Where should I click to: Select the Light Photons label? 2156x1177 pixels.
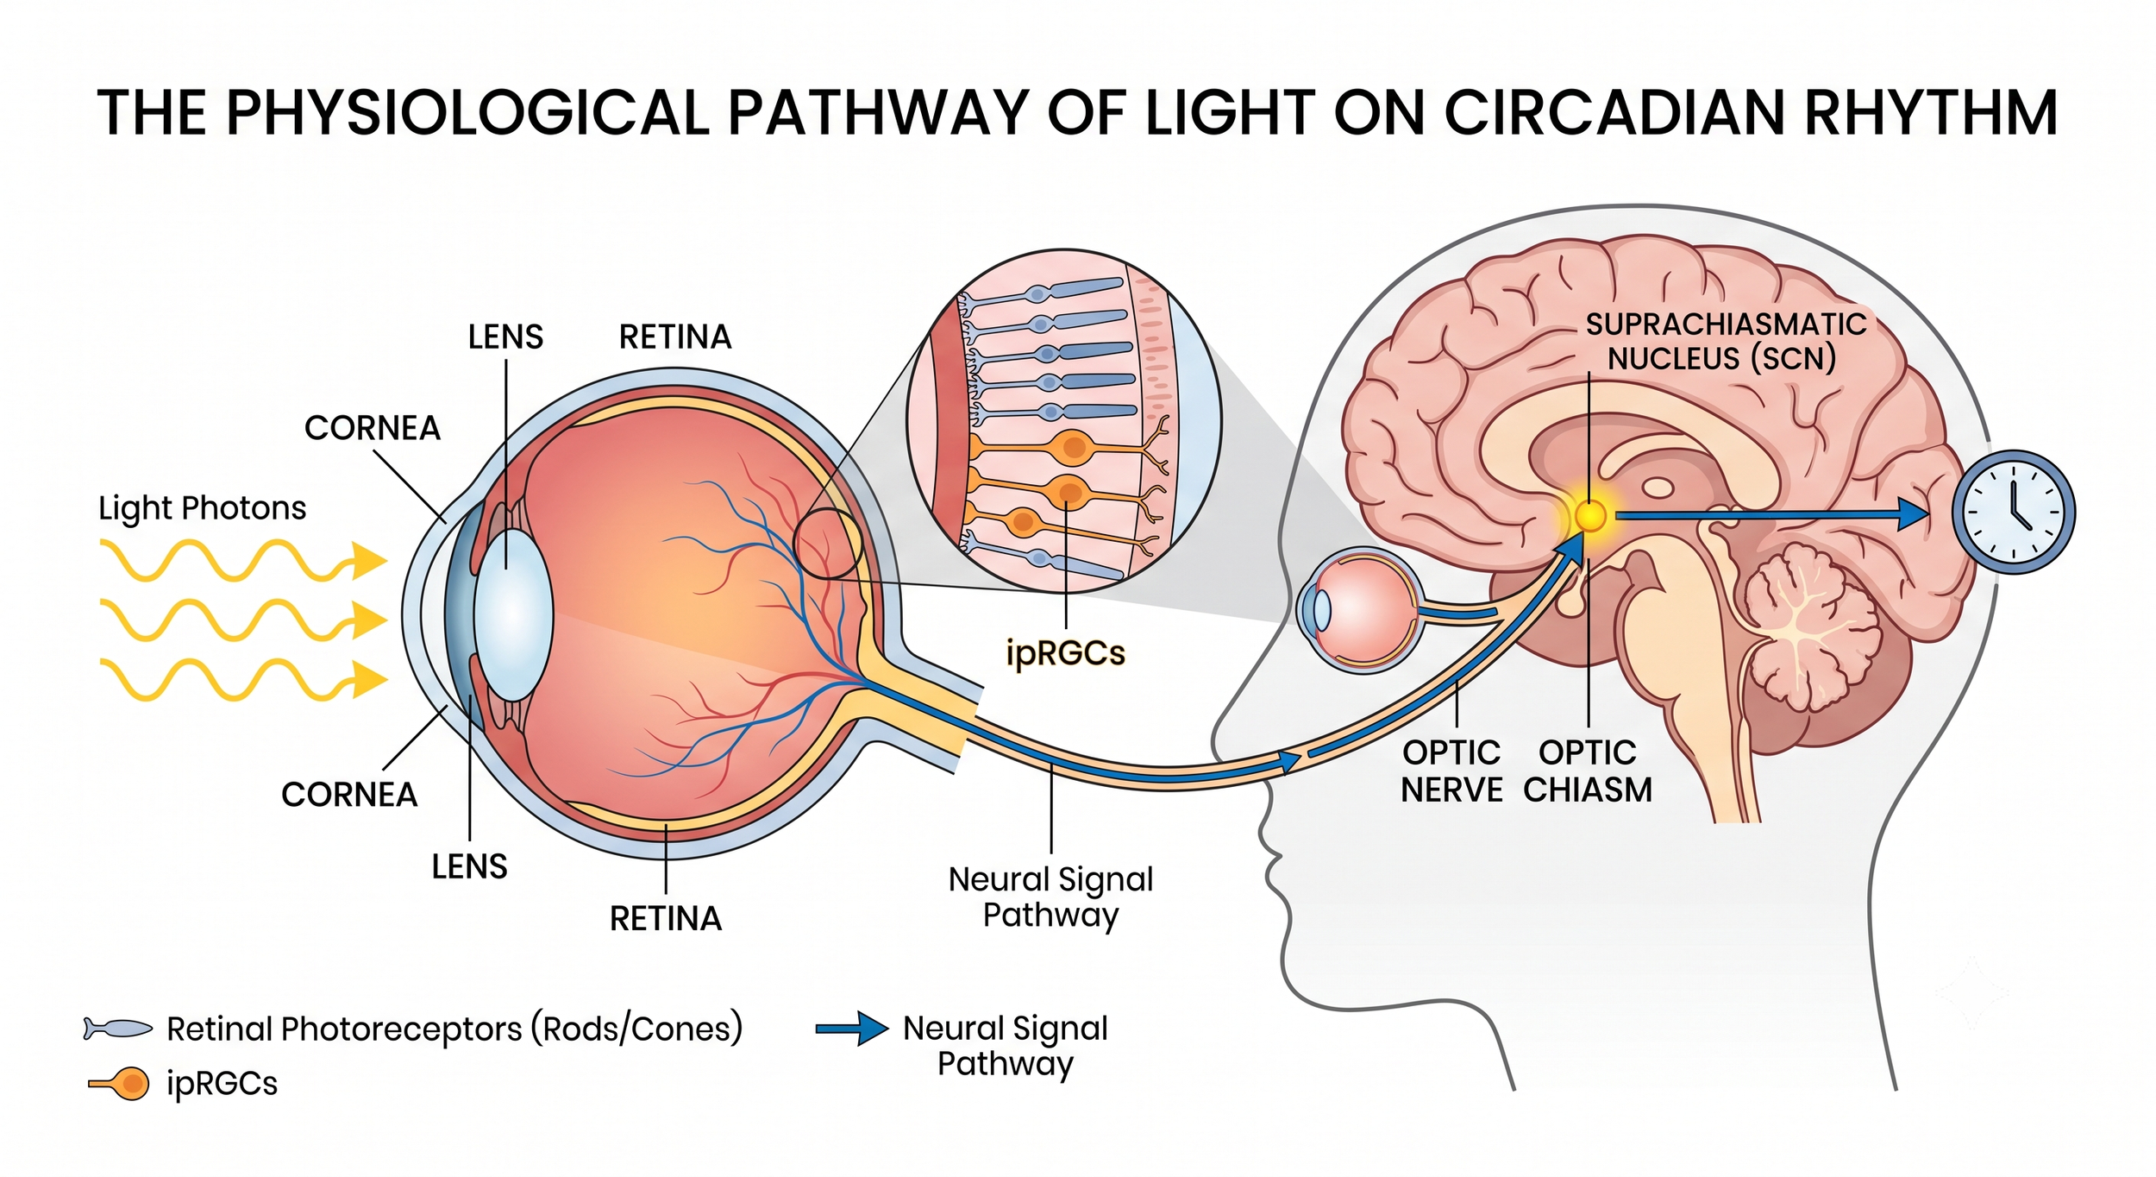203,508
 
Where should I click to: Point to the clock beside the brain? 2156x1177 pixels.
2014,512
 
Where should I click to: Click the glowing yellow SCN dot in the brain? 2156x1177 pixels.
1590,516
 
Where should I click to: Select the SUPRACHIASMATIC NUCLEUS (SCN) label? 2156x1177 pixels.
1725,341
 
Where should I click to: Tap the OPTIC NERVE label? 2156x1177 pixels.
1451,771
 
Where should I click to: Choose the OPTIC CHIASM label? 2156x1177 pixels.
1588,771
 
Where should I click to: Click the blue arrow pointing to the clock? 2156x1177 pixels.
1771,515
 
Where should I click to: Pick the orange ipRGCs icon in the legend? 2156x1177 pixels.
119,1083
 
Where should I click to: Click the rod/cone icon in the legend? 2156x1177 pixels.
117,1028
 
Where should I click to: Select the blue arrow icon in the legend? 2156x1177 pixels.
852,1028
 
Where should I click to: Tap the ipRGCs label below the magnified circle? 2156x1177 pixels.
1065,653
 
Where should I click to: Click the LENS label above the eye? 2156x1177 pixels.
505,337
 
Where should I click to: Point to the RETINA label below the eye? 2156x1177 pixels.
666,919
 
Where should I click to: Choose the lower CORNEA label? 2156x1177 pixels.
349,795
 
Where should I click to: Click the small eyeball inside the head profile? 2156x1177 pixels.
1358,609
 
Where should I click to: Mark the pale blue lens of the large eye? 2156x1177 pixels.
513,614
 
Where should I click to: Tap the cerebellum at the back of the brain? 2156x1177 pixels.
1811,639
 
